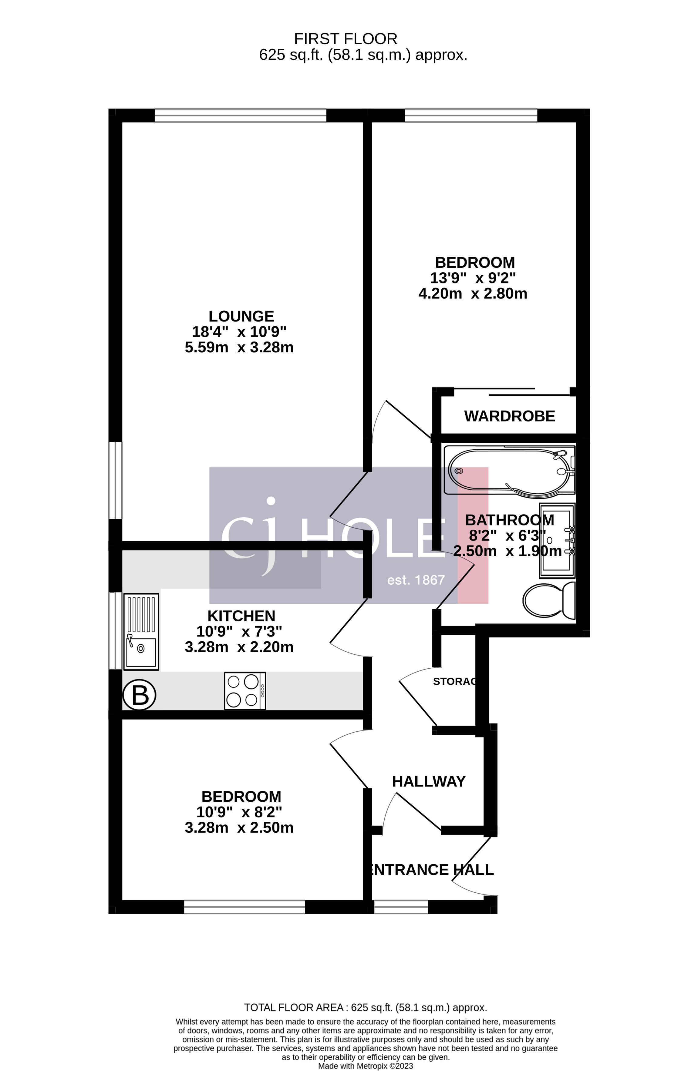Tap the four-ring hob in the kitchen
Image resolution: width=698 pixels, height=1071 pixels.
245,691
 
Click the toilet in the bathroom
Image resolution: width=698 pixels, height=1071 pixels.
549,600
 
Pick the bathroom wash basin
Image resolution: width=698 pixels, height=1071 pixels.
557,540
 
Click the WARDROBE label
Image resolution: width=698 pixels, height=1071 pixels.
509,416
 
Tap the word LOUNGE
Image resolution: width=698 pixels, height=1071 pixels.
241,316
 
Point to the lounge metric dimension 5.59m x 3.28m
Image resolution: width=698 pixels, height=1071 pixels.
239,347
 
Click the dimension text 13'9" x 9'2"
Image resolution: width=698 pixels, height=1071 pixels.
473,278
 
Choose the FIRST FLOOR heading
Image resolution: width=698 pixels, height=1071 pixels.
346,39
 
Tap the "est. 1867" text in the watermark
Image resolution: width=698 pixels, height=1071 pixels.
416,580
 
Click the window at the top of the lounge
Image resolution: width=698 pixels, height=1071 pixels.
240,116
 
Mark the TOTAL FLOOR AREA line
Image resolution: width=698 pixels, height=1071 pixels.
366,1008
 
